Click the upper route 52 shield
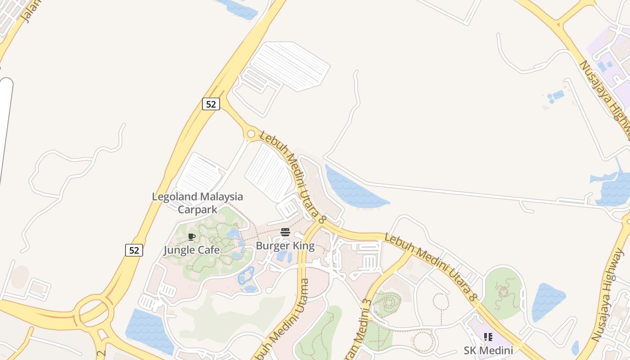(x=211, y=104)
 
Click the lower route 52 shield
(x=134, y=250)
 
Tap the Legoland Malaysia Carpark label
(x=197, y=203)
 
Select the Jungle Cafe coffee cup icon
(x=192, y=237)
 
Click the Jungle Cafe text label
(x=192, y=250)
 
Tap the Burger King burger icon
(x=285, y=232)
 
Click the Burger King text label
(x=285, y=246)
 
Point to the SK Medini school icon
(x=488, y=337)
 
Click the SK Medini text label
(x=488, y=351)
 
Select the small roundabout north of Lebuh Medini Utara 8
(x=251, y=134)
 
